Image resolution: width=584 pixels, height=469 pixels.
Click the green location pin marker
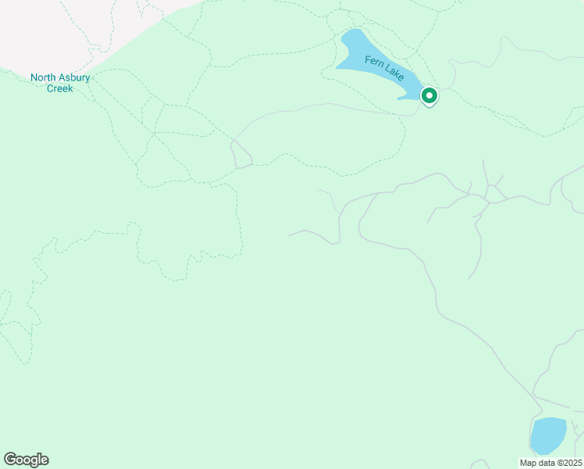(429, 96)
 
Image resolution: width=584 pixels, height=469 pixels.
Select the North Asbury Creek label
(60, 83)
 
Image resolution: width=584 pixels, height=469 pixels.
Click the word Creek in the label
(60, 88)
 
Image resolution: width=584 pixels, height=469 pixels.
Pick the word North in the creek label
(43, 77)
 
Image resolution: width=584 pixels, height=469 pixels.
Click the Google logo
(26, 460)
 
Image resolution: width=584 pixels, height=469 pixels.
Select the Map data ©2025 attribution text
(551, 463)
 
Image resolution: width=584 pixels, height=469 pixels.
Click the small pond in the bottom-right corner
(548, 435)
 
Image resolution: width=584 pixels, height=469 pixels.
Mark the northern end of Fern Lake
(354, 34)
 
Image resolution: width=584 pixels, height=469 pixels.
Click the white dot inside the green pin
(429, 95)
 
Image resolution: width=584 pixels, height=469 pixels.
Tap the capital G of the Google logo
(10, 460)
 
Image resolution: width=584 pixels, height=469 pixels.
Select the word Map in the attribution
(528, 463)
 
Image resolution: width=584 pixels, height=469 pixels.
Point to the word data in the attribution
(546, 463)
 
